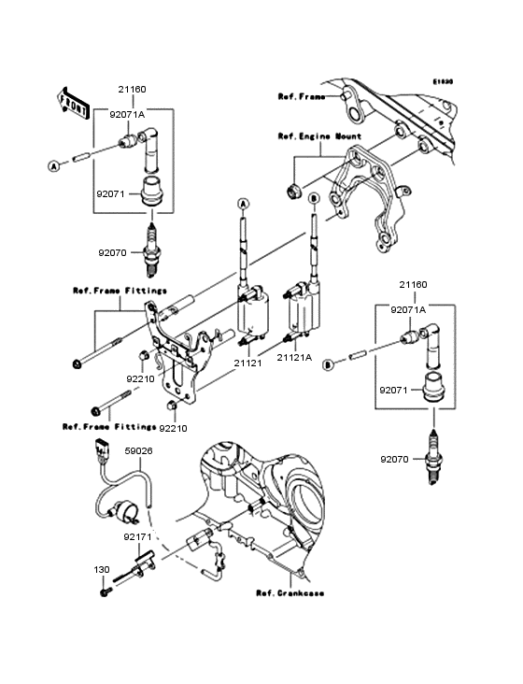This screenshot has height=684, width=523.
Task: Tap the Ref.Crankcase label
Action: [x=290, y=592]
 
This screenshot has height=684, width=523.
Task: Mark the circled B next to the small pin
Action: [x=329, y=367]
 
